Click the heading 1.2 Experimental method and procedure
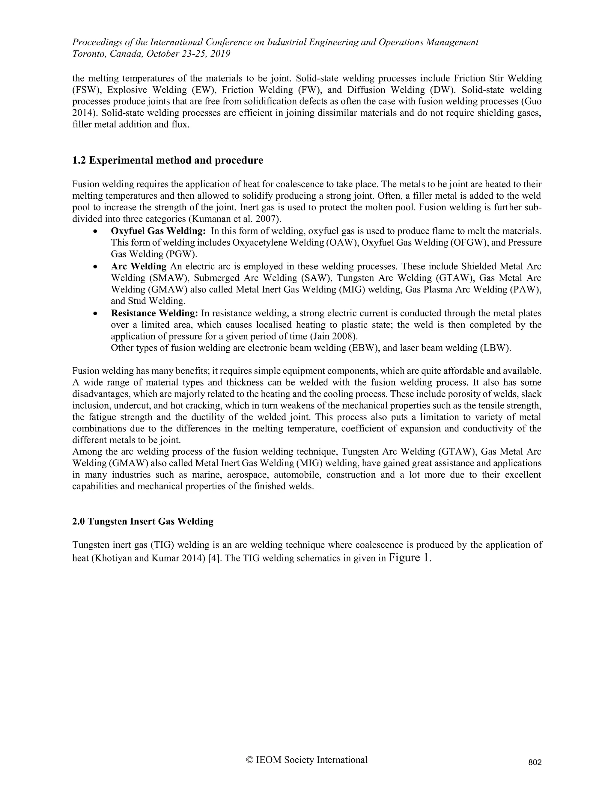click(x=167, y=160)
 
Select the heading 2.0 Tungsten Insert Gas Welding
click(x=143, y=521)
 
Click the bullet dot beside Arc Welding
click(x=95, y=267)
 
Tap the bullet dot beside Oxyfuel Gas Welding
click(x=95, y=232)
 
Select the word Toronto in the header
click(x=87, y=54)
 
